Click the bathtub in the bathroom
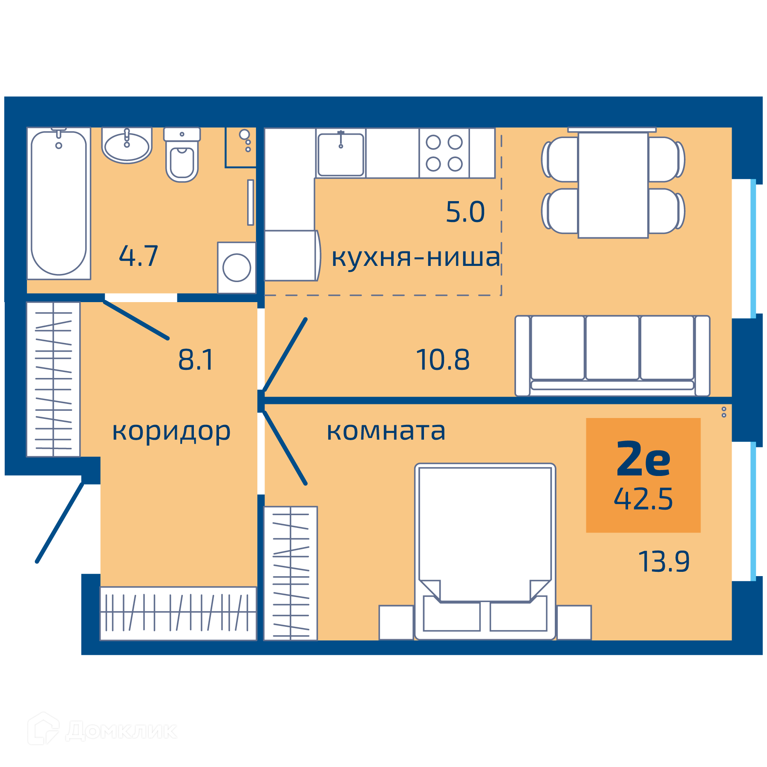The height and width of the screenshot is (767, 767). tap(59, 203)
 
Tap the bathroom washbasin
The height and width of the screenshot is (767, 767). tap(127, 145)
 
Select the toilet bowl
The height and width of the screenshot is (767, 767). tap(182, 155)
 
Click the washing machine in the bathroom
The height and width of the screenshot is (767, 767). tap(236, 268)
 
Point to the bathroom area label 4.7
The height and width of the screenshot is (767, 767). tap(138, 256)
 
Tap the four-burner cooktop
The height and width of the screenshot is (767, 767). tap(444, 153)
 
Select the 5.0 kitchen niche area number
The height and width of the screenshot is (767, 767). tap(465, 212)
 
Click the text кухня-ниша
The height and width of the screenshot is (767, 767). tap(416, 257)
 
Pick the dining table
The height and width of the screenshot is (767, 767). tap(613, 185)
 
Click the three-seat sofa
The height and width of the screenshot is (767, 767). tap(612, 356)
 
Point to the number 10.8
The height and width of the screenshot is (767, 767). tap(443, 360)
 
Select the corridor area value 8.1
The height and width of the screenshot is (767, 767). tap(196, 360)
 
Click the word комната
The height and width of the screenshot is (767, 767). tap(386, 431)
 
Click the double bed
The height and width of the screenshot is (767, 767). tap(485, 551)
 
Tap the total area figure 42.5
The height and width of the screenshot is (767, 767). tap(643, 499)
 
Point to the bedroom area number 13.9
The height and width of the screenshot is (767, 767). tap(664, 562)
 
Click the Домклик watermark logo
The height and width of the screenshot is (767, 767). tap(102, 731)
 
